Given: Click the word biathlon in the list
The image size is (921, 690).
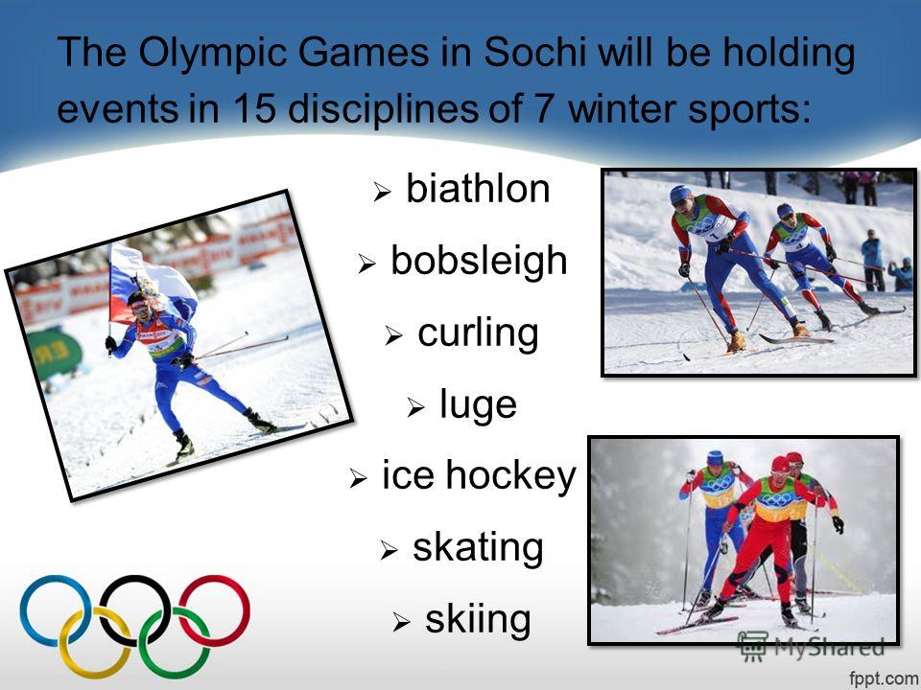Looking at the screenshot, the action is point(478,189).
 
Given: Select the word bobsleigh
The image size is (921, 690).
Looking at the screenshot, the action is point(479,262).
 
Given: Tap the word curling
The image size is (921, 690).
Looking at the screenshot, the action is point(478,333).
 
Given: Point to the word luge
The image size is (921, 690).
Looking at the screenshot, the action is point(478,405).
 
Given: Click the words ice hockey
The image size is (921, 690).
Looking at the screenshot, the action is point(480,476).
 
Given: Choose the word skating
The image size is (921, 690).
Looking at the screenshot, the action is point(478,548).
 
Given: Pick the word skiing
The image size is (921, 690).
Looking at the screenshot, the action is point(478,619).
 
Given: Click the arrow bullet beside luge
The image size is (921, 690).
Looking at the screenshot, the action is point(415,407).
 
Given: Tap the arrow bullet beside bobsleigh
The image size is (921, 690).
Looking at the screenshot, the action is point(366,264).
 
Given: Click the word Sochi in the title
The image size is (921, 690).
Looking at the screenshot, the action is point(535,53).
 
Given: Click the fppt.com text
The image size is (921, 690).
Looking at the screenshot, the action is point(883,678).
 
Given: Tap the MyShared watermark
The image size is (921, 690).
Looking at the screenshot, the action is point(811,647).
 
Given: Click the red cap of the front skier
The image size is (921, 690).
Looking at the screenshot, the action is point(780,464).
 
